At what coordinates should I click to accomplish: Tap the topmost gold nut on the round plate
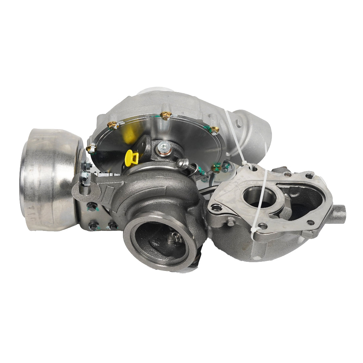[x=165, y=115]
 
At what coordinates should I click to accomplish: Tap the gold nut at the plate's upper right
[x=214, y=129]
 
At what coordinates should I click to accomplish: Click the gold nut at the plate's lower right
[x=216, y=167]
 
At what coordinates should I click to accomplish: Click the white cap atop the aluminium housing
[x=155, y=90]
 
